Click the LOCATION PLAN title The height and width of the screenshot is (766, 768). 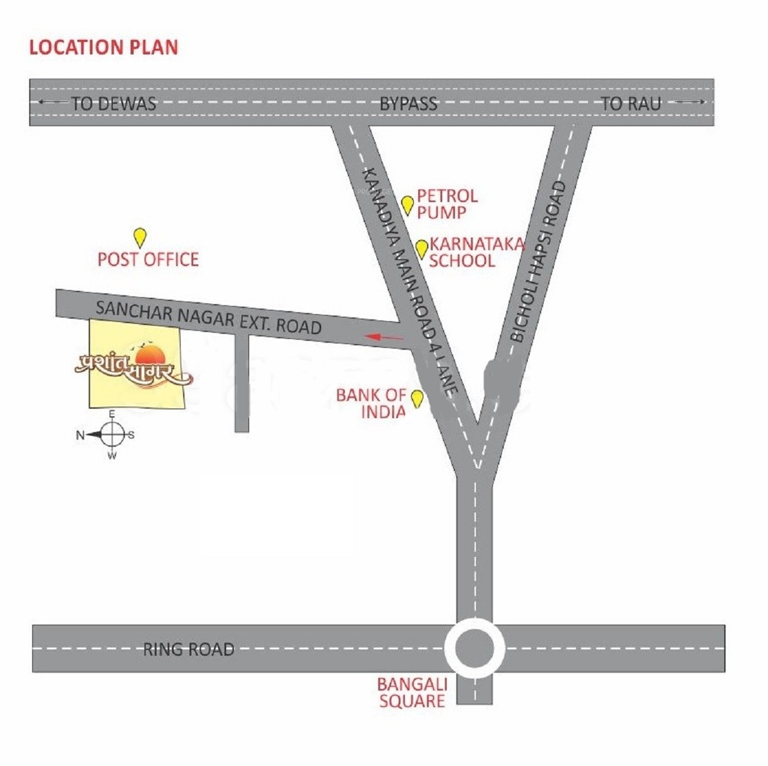(103, 48)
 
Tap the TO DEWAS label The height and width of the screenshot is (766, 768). (113, 103)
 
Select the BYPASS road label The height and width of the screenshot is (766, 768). (408, 104)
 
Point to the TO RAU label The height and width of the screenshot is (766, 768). (630, 103)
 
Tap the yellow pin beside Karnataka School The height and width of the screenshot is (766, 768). (421, 248)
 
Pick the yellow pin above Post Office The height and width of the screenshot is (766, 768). (140, 238)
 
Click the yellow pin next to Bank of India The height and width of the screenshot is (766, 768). (417, 399)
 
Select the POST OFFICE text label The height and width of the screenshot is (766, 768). (148, 259)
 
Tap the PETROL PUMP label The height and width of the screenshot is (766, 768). (447, 204)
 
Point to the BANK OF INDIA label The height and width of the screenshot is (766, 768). (372, 404)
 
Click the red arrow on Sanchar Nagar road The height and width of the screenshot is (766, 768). (385, 337)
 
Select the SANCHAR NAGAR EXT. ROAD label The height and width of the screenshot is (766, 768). (208, 317)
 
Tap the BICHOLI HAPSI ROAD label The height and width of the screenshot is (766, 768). (537, 262)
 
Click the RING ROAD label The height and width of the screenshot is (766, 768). (188, 649)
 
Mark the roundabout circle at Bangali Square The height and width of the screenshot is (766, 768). (475, 648)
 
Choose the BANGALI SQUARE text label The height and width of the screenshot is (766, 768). (413, 693)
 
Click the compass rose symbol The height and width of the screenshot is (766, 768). (112, 435)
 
